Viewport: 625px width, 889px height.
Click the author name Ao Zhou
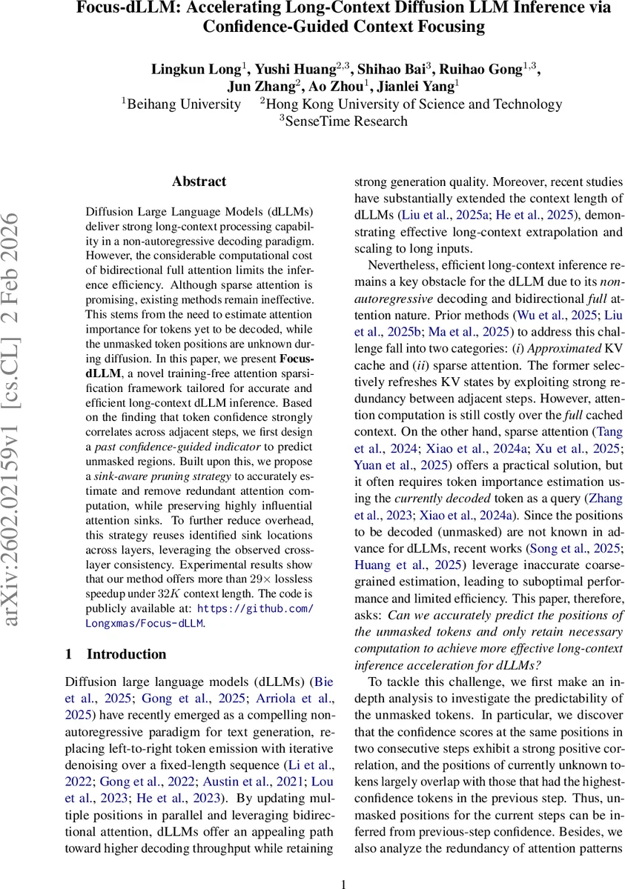tap(343, 87)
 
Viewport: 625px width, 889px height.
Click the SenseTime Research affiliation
tap(345, 121)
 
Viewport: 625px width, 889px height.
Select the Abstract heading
tap(199, 182)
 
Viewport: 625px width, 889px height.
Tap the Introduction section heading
tap(126, 654)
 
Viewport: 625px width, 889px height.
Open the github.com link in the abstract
tap(255, 609)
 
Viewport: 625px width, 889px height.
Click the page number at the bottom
tap(343, 883)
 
